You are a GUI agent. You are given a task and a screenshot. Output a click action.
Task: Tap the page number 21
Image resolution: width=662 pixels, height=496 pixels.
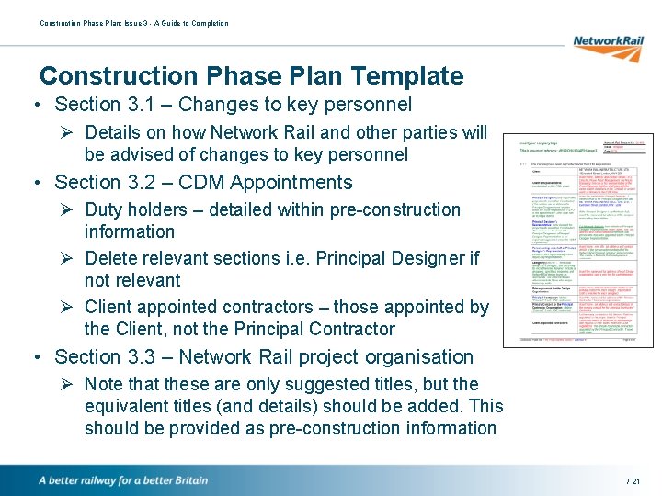[x=636, y=481]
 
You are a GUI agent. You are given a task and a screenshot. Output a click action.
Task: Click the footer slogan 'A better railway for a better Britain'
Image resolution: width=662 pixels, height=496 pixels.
[x=123, y=480]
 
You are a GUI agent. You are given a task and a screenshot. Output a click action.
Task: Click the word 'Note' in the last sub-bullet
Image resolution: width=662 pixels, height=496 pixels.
[x=105, y=384]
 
